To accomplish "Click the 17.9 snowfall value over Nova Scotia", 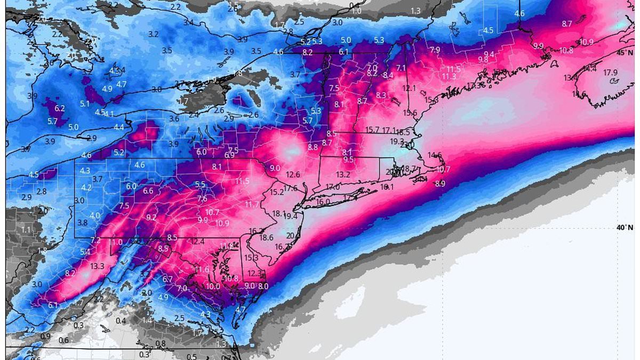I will pyautogui.click(x=610, y=73).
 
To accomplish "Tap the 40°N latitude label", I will pyautogui.click(x=625, y=228).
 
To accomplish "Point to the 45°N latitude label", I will pyautogui.click(x=625, y=53).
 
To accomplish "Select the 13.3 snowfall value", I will pyautogui.click(x=97, y=266).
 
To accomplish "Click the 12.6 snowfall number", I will pyautogui.click(x=293, y=174).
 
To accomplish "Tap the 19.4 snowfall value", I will pyautogui.click(x=290, y=216).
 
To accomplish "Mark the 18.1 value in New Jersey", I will pyautogui.click(x=279, y=213).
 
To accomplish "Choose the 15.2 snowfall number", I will pyautogui.click(x=276, y=193).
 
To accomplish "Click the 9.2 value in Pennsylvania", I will pyautogui.click(x=151, y=217).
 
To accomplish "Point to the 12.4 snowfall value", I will pyautogui.click(x=197, y=242).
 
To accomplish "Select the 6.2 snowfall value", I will pyautogui.click(x=59, y=108).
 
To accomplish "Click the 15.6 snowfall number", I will pyautogui.click(x=410, y=113).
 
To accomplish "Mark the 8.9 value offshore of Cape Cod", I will pyautogui.click(x=440, y=184).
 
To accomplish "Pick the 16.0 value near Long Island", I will pyautogui.click(x=323, y=202).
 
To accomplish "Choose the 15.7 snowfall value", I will pyautogui.click(x=372, y=130).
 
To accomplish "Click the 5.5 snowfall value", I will pyautogui.click(x=200, y=185).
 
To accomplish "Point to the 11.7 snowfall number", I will pyautogui.click(x=251, y=205).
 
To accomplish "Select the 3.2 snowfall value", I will pyautogui.click(x=153, y=34).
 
